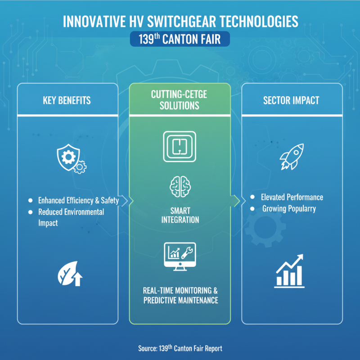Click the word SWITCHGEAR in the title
(182, 22)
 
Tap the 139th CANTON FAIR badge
(180, 39)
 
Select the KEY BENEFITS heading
(67, 100)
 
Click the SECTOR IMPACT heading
(291, 100)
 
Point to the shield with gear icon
(72, 159)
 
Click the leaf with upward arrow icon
(70, 274)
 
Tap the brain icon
(180, 186)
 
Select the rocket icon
(292, 157)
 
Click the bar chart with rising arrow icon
(289, 271)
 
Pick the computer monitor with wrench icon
(180, 256)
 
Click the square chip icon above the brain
(180, 147)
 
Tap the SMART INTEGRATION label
(180, 215)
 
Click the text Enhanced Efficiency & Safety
(78, 200)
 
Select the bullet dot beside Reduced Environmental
(30, 212)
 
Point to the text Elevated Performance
(292, 197)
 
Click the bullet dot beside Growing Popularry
(252, 209)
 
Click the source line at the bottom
(180, 348)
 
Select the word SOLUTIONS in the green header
(180, 106)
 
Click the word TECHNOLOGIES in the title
(259, 22)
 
